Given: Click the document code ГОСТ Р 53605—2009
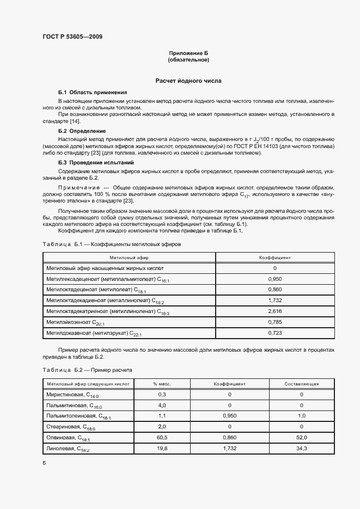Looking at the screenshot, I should pyautogui.click(x=72, y=36).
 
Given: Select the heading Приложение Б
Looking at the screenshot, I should pyautogui.click(x=188, y=53).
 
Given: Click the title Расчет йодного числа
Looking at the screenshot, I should pyautogui.click(x=188, y=81).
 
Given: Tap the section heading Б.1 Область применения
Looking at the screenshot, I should pyautogui.click(x=93, y=93).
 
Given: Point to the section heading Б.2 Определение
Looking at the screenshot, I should pyautogui.click(x=82, y=131).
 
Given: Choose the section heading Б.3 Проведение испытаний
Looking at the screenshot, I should pyautogui.click(x=95, y=163).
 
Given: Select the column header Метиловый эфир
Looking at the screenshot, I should pyautogui.click(x=129, y=257).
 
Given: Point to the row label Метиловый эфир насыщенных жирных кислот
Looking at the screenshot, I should pyautogui.click(x=105, y=268).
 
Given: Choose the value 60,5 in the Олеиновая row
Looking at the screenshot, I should pyautogui.click(x=162, y=437).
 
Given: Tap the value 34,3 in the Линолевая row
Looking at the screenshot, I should pyautogui.click(x=301, y=448).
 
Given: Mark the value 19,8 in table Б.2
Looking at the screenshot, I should pyautogui.click(x=162, y=448).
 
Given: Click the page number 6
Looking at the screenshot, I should pyautogui.click(x=44, y=463).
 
